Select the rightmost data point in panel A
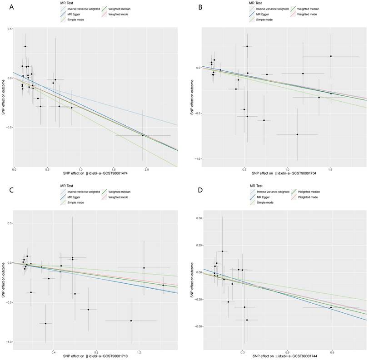(143, 135)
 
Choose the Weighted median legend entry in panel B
(308, 9)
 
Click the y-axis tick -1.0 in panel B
(194, 159)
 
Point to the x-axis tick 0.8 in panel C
(96, 352)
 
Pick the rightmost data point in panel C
(164, 285)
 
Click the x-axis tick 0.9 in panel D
(332, 352)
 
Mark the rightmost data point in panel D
(331, 307)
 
